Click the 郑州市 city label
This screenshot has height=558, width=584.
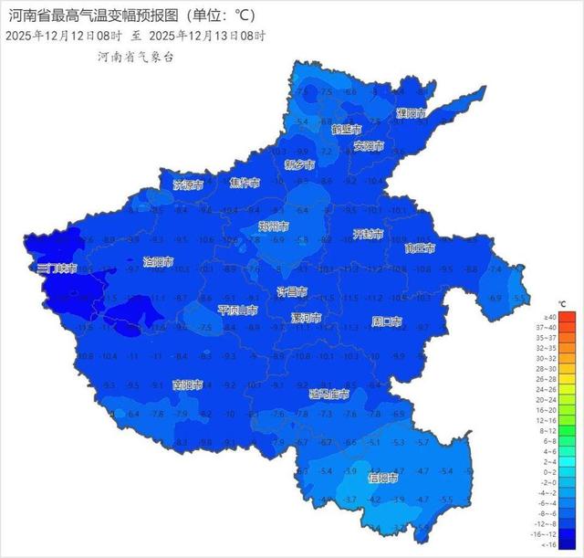[273, 226]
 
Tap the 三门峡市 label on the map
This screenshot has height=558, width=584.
[57, 269]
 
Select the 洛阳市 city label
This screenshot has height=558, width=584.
[159, 262]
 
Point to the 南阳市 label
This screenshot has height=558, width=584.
[189, 385]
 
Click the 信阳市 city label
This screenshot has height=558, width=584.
[382, 478]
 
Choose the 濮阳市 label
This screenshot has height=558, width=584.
[412, 113]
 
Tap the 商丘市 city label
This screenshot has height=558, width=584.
[420, 248]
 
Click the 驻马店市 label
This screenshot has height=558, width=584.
[329, 395]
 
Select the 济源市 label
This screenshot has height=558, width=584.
[189, 184]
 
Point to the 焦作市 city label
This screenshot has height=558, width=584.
[245, 183]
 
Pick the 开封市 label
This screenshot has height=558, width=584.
[370, 234]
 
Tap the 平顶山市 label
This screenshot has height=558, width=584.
[236, 311]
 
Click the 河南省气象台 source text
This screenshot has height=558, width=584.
[136, 57]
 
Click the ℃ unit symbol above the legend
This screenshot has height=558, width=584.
[563, 303]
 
